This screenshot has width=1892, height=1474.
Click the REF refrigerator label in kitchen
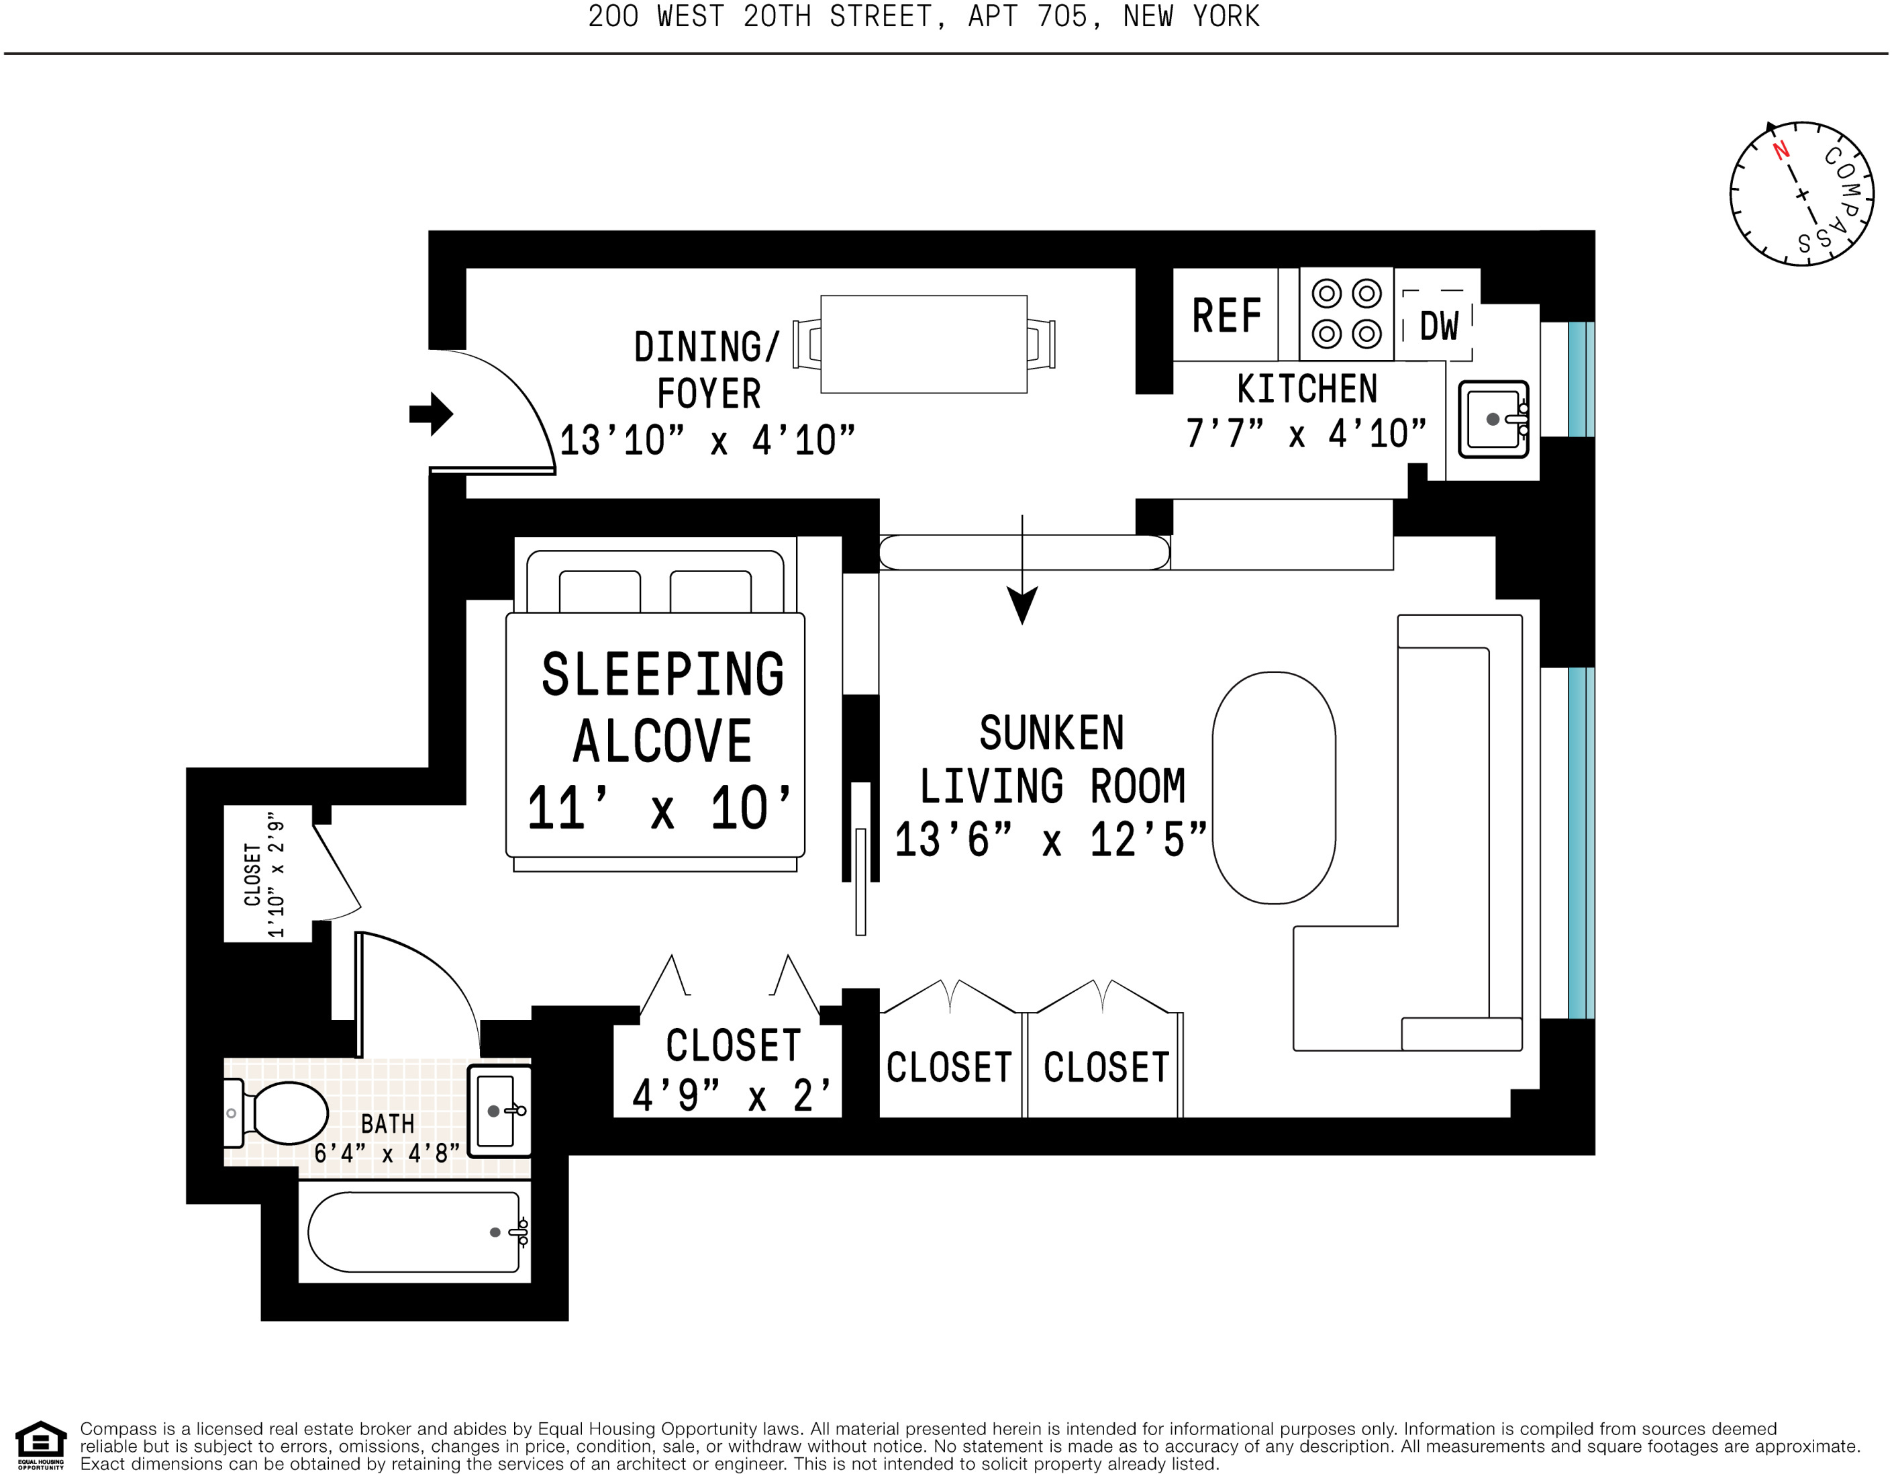(1226, 316)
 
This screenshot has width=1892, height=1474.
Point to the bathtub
(414, 1232)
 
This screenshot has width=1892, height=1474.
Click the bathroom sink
(497, 1111)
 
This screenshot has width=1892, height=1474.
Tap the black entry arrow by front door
(432, 414)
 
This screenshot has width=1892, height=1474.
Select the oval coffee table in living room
(1273, 787)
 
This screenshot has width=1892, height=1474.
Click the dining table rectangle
(924, 344)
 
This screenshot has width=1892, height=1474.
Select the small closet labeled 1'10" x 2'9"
(265, 874)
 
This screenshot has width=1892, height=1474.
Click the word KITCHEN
(1306, 389)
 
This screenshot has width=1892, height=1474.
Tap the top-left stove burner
(1326, 293)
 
